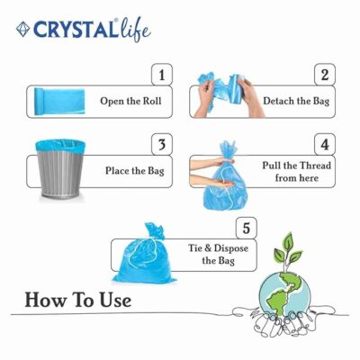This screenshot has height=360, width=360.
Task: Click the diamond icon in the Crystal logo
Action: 22,30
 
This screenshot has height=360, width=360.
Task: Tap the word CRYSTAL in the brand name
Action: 75,30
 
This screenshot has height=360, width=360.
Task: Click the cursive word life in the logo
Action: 134,30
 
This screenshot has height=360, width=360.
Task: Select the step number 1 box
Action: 162,75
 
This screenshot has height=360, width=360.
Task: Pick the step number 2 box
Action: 325,75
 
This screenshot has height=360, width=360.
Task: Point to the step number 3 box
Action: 162,145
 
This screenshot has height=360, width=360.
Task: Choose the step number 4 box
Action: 325,145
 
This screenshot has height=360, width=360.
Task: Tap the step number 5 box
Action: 247,228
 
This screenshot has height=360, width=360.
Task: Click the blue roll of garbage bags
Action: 59,102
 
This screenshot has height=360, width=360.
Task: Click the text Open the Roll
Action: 130,101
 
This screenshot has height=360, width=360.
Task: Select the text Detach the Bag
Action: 296,101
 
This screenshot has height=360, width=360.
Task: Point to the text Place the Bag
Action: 135,171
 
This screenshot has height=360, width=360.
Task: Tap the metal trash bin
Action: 60,169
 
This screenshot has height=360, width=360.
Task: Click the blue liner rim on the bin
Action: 60,145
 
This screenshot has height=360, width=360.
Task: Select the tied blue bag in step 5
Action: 144,255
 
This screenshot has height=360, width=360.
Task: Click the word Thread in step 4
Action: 316,166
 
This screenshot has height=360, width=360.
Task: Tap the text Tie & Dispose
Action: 219,248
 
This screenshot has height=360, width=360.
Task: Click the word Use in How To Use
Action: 116,301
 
